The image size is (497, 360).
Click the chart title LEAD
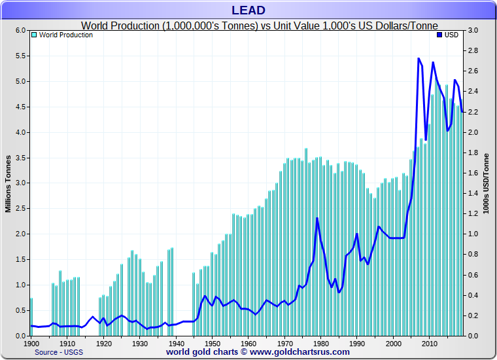[x=248, y=10]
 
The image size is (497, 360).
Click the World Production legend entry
[x=65, y=35]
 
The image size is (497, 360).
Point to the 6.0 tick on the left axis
[x=20, y=31]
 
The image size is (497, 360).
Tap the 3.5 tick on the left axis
[x=20, y=158]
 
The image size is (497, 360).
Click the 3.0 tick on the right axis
[x=473, y=31]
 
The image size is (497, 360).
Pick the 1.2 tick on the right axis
[x=473, y=214]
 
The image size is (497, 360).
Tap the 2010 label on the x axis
[x=429, y=342]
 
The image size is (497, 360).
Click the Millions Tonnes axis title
[x=9, y=183]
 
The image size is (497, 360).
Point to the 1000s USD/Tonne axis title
[x=487, y=183]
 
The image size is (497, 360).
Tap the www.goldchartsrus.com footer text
[x=258, y=351]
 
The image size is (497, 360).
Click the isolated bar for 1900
[x=31, y=317]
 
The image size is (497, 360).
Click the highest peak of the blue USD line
[x=419, y=58]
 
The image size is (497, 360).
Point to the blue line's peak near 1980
[x=317, y=218]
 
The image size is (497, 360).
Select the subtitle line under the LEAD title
[x=259, y=26]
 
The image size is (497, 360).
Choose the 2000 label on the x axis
[x=393, y=342]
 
